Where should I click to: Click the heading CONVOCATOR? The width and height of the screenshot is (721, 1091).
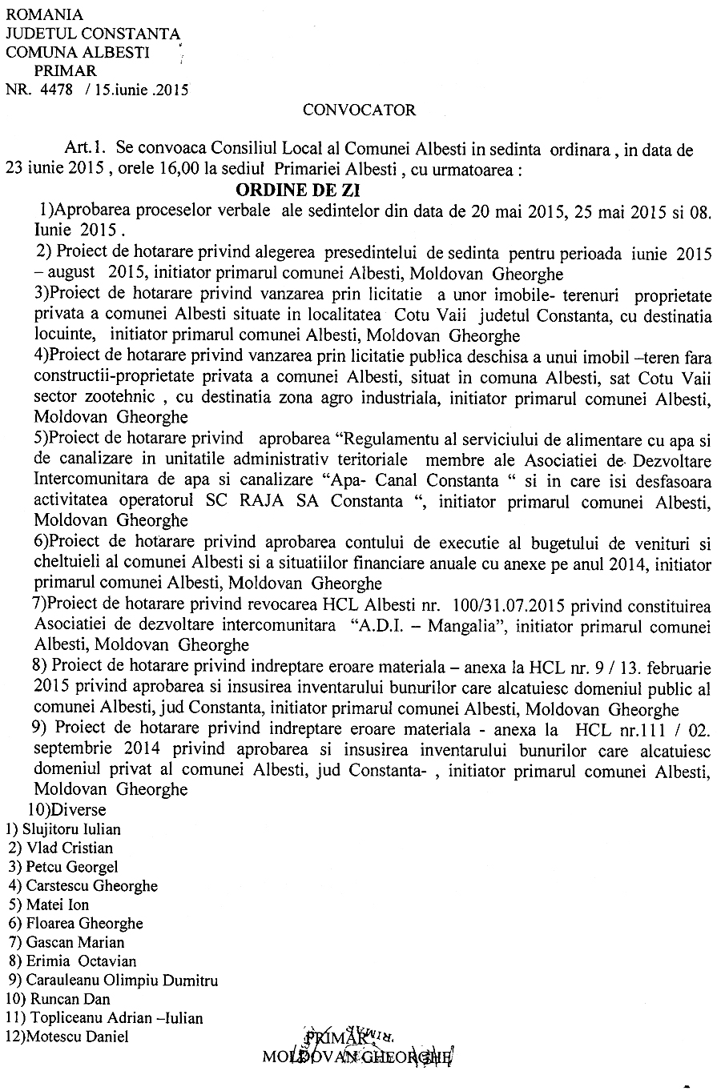pyautogui.click(x=360, y=110)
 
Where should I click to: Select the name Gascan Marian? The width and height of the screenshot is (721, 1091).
pyautogui.click(x=75, y=942)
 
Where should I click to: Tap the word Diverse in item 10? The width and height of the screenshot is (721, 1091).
pyautogui.click(x=80, y=810)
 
